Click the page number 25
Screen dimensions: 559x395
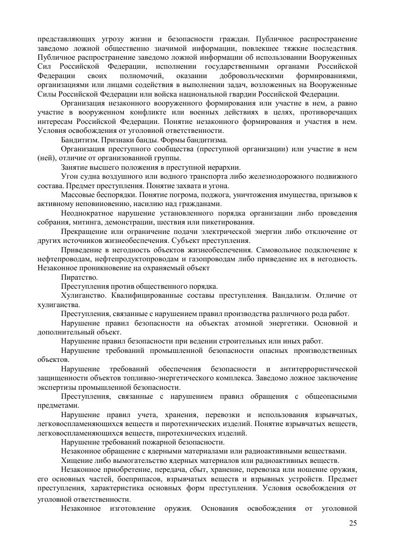[353, 523]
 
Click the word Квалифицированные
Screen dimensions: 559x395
[145, 295]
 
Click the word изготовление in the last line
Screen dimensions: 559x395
[131, 509]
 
